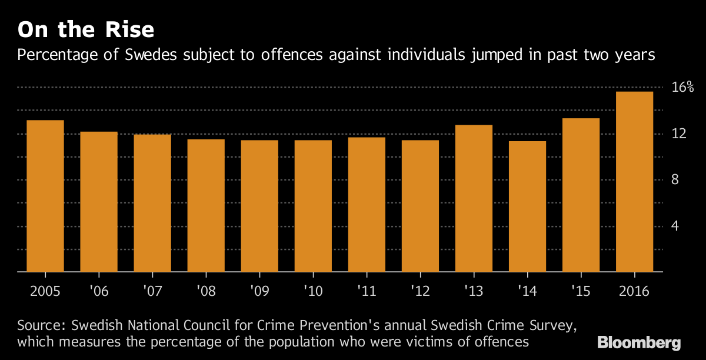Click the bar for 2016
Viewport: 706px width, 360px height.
(x=634, y=182)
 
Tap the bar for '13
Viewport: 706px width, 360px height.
(x=474, y=198)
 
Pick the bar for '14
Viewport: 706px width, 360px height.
(x=527, y=206)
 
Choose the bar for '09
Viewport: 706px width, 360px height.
(x=259, y=206)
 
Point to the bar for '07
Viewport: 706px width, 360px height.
(x=152, y=203)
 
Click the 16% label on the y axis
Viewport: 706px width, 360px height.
(x=683, y=88)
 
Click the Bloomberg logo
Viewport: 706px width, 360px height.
(x=639, y=342)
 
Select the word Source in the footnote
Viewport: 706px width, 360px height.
(x=41, y=325)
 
